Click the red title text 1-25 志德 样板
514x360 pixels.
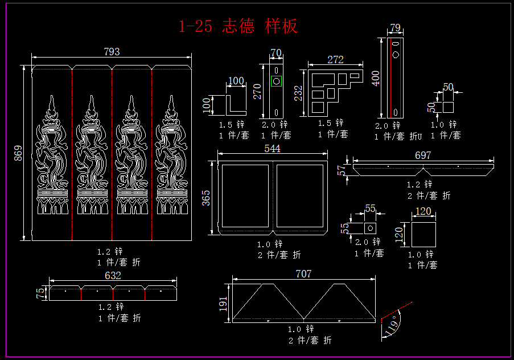[x=238, y=26]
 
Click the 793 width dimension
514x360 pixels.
[x=112, y=52]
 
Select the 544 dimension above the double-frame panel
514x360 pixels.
[x=273, y=148]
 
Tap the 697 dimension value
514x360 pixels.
[x=423, y=155]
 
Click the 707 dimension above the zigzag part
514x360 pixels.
[x=303, y=274]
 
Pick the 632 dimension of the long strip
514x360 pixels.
[x=113, y=276]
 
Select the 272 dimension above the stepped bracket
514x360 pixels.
[x=336, y=59]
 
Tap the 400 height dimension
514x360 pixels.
[x=375, y=78]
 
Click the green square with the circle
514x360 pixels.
[x=276, y=81]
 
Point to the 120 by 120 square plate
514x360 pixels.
[x=423, y=235]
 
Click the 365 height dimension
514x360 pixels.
[x=207, y=197]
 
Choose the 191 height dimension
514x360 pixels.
[x=223, y=302]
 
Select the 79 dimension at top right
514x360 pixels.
[x=395, y=28]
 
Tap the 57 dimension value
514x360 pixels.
[x=342, y=170]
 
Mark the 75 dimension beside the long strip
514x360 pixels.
[x=40, y=293]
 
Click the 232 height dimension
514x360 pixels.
[x=298, y=93]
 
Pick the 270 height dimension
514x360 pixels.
[x=257, y=91]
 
